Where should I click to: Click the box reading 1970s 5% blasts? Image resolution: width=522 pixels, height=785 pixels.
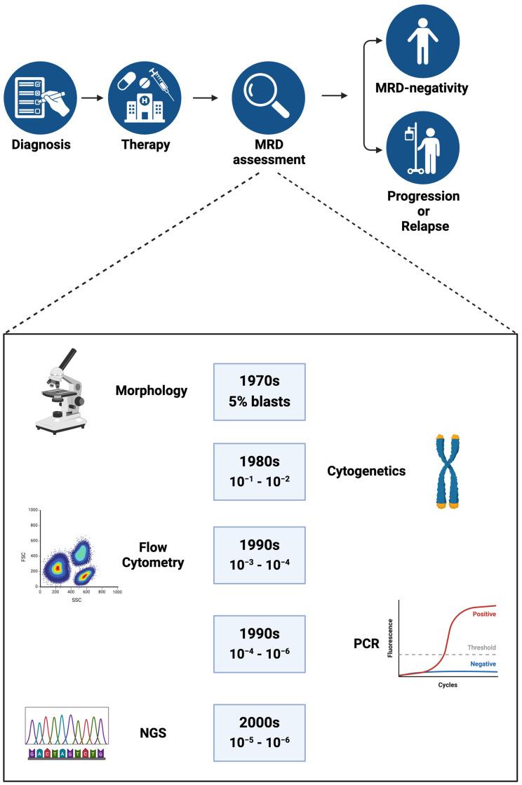(x=260, y=391)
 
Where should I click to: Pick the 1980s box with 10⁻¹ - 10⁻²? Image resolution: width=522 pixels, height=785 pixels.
(x=260, y=471)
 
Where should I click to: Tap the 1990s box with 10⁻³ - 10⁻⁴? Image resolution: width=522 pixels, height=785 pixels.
(x=260, y=551)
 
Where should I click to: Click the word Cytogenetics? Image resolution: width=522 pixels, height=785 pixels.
(x=366, y=471)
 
